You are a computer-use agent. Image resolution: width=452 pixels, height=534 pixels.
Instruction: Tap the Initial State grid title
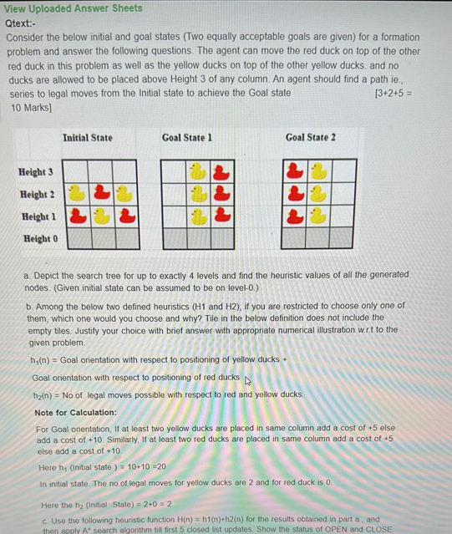click(87, 137)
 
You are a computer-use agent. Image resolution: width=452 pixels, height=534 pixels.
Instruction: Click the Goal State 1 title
click(186, 137)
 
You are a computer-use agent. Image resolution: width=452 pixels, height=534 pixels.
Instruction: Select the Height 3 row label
click(36, 172)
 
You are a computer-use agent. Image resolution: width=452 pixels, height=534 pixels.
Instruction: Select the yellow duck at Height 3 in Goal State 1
click(198, 171)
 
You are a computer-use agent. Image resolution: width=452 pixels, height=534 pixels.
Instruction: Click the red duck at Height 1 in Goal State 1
click(221, 216)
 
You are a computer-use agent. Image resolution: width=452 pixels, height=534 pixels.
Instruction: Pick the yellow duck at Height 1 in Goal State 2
click(318, 216)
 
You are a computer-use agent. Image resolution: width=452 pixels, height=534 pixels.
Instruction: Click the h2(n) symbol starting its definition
click(42, 394)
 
